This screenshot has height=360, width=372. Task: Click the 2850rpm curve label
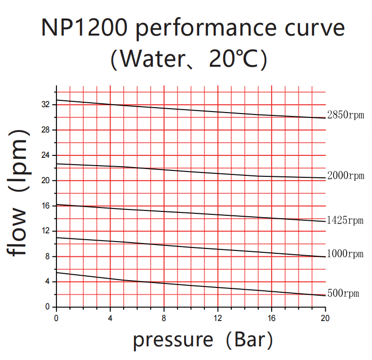click(x=345, y=115)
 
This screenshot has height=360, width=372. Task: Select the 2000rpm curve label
click(x=345, y=176)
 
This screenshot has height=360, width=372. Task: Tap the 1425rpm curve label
click(x=345, y=220)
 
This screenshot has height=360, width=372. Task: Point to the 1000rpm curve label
click(x=345, y=254)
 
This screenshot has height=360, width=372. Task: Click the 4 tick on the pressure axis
click(x=111, y=318)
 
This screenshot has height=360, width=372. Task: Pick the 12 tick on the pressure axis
click(x=218, y=318)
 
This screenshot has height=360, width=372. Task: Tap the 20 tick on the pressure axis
click(x=325, y=318)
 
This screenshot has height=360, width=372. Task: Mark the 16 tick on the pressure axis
click(x=271, y=318)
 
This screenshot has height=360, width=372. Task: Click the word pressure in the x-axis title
click(x=173, y=340)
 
